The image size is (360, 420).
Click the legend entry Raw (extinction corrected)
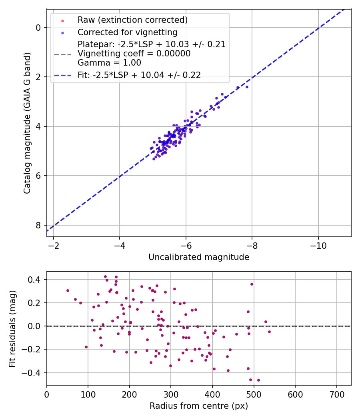[x=132, y=20]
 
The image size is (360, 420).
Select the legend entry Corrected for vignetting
[x=127, y=32]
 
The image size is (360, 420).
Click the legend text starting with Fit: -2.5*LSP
[x=139, y=75]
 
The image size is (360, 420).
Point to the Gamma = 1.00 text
[x=109, y=62]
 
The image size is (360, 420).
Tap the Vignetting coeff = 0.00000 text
[x=134, y=53]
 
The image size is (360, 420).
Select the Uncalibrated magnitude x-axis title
[x=199, y=257]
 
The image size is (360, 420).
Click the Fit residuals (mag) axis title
[x=13, y=328]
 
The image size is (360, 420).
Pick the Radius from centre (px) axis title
[x=199, y=406]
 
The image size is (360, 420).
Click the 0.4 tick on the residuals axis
[x=36, y=280]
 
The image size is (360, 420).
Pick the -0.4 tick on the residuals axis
[x=34, y=373]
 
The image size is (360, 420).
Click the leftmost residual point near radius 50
[x=68, y=290]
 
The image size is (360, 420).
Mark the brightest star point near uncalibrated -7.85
[x=247, y=87]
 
